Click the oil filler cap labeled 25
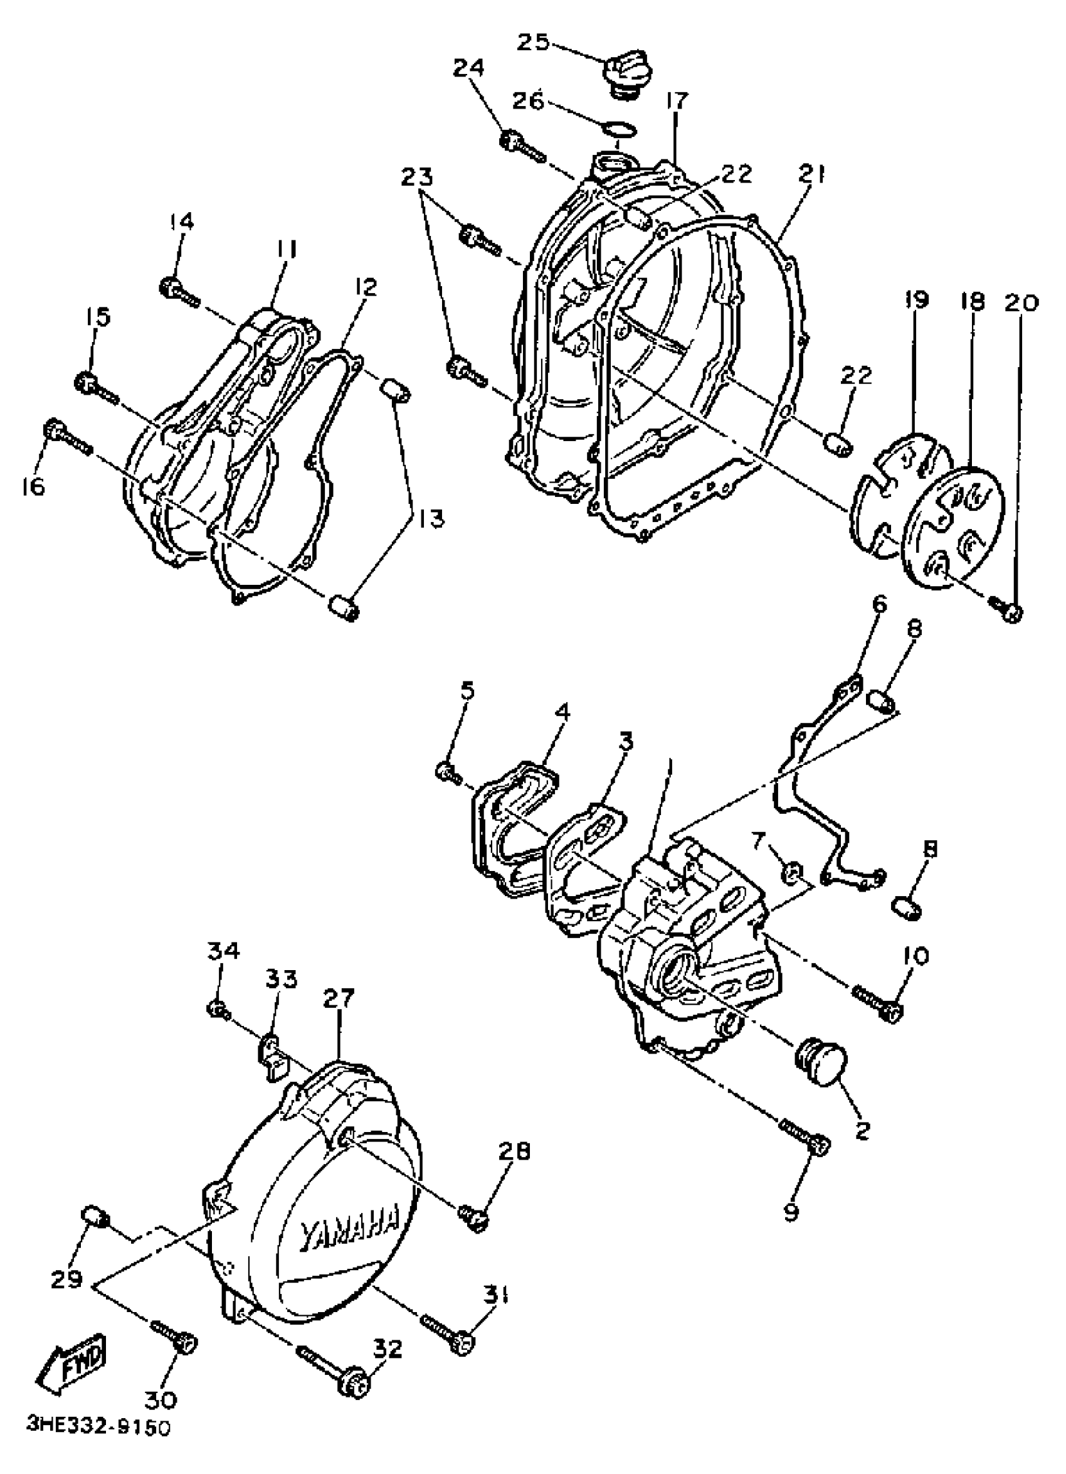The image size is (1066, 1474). point(626,72)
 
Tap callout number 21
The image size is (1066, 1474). point(812,174)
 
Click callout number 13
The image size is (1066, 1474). point(430,518)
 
